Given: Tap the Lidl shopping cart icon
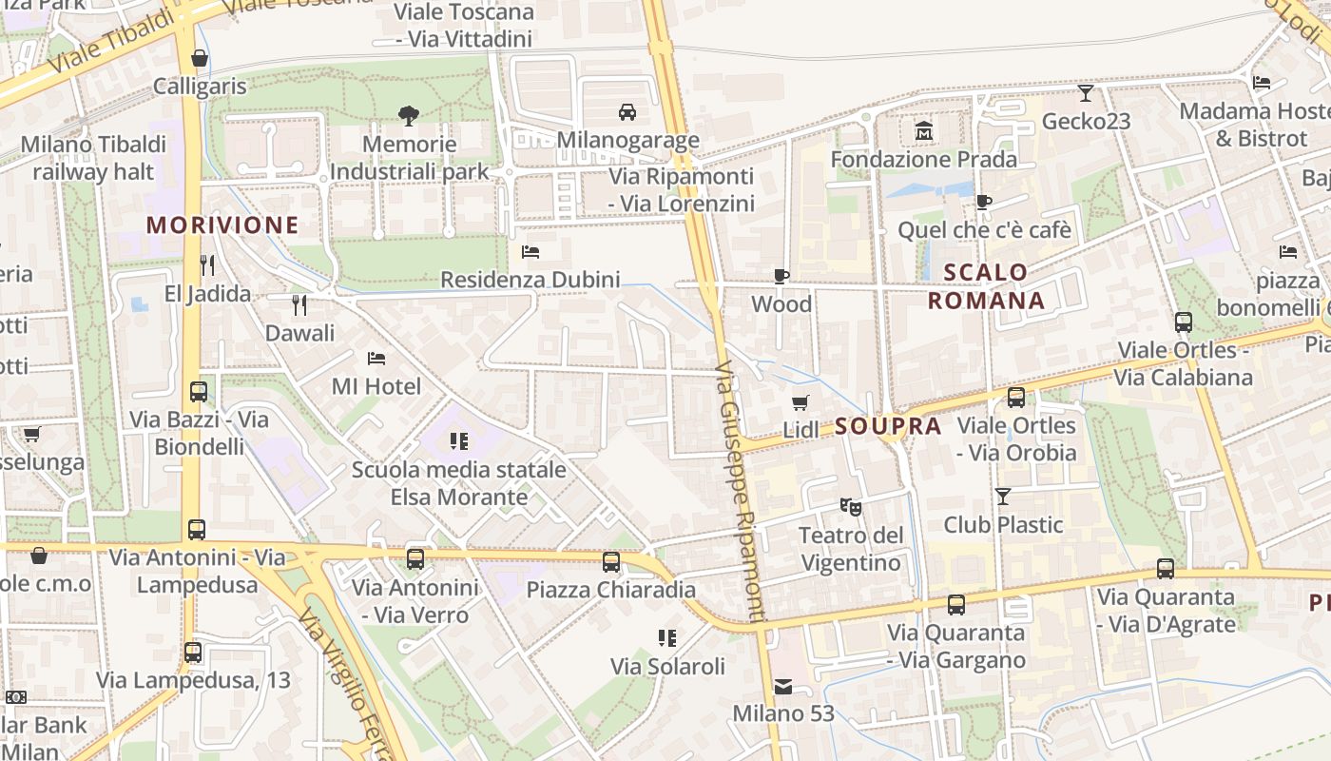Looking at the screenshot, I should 801,402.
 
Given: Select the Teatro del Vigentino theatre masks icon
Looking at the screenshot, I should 850,507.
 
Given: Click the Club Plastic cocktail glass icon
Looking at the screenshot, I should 1003,496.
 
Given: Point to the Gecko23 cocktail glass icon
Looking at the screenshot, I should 1086,92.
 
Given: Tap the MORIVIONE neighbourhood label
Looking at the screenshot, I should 222,225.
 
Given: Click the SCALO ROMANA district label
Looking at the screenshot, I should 986,286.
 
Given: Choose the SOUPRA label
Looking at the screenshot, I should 889,426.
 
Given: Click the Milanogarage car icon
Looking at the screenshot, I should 627,112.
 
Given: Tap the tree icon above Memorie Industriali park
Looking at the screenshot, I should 409,116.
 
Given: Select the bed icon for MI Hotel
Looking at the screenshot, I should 376,359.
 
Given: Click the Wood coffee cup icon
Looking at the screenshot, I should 781,276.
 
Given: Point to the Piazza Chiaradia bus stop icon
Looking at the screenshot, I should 611,561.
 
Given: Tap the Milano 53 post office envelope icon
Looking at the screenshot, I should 783,686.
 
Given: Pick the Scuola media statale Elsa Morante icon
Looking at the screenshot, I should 459,440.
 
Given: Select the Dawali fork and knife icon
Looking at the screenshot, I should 299,304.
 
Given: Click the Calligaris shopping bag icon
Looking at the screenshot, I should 200,58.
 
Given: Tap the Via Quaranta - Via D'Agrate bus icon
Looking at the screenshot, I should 1166,569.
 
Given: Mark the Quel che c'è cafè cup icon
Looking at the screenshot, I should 984,202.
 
